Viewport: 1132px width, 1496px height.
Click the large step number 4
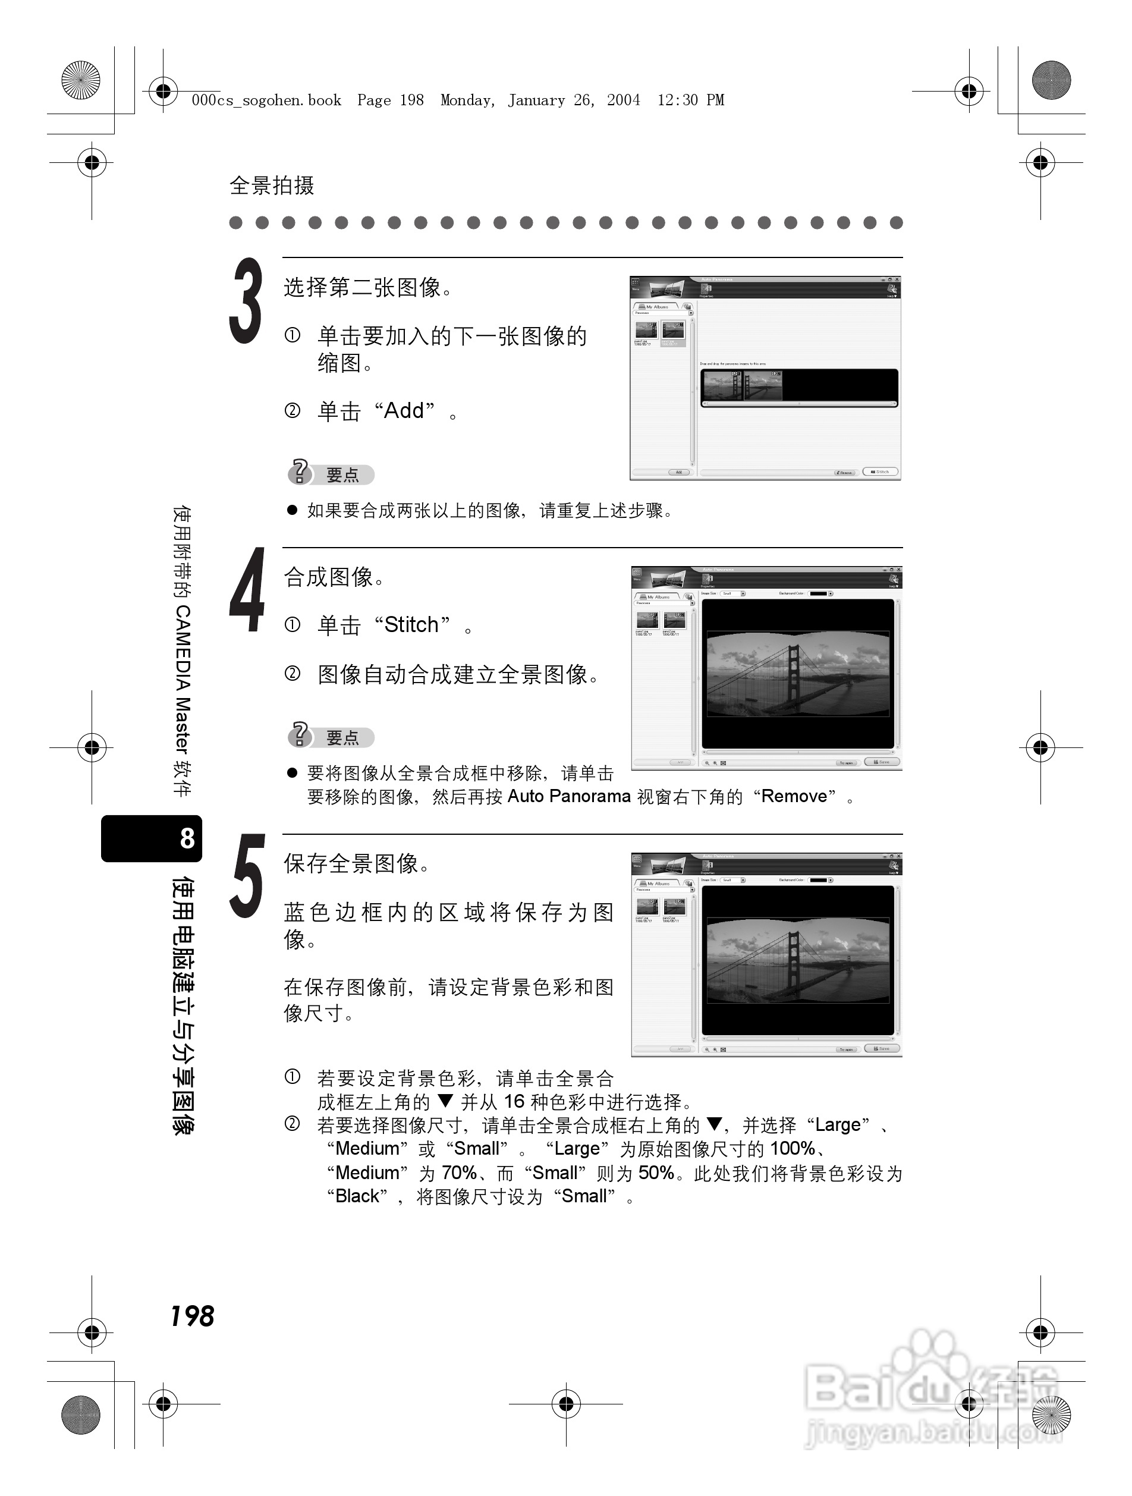(x=247, y=590)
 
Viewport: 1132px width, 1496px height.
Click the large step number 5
(x=247, y=876)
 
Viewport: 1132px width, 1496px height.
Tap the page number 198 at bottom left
(x=192, y=1316)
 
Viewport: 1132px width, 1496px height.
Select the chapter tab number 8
(x=187, y=838)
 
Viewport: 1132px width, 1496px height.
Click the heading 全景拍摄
(x=272, y=186)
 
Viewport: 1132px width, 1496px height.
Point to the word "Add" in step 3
(x=404, y=410)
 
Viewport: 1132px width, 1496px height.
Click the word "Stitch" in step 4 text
(x=411, y=625)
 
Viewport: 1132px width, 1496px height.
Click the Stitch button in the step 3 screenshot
(x=881, y=472)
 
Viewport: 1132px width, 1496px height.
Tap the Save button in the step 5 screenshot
(x=882, y=1048)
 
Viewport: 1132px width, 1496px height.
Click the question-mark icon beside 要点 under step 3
(x=299, y=472)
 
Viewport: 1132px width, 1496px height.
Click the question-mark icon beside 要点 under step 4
(x=299, y=734)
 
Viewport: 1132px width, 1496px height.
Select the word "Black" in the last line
(x=357, y=1196)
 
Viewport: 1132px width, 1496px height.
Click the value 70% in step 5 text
(x=459, y=1172)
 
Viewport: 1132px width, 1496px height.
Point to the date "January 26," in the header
(x=549, y=100)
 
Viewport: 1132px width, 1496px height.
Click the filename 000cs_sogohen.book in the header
(x=266, y=100)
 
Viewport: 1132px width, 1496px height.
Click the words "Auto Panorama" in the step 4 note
(x=569, y=797)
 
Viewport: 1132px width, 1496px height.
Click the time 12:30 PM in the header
(x=690, y=100)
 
